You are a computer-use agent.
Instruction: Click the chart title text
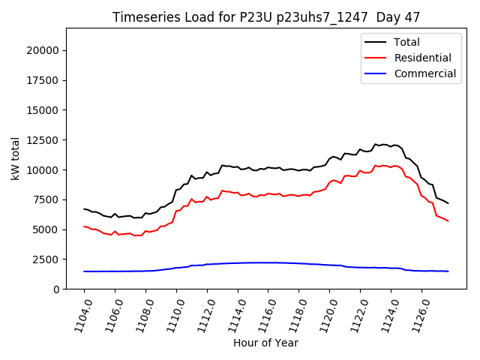(265, 17)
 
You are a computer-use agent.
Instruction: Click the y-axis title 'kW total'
(15, 158)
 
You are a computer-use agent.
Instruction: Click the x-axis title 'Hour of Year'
(265, 343)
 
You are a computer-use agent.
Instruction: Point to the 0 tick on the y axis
(58, 289)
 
